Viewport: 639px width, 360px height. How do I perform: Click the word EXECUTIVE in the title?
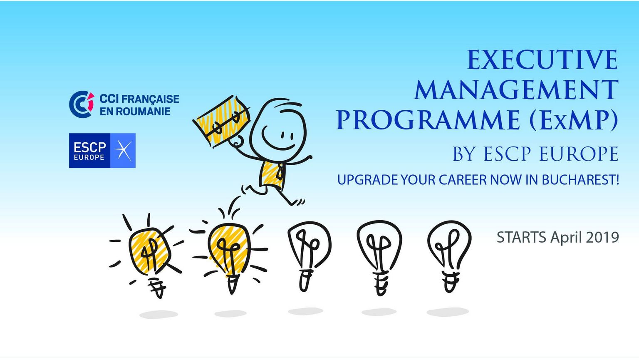[x=542, y=60]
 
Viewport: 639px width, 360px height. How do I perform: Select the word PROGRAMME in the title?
[x=428, y=120]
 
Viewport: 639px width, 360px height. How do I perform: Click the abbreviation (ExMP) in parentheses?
[x=574, y=120]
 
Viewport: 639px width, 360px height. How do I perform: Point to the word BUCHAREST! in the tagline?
[x=580, y=180]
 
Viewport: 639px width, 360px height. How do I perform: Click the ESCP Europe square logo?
[x=102, y=151]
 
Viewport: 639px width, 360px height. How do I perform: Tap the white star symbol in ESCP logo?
[x=123, y=151]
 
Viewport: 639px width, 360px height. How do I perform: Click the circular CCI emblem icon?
[x=82, y=104]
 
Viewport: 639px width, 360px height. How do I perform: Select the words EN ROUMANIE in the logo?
[x=135, y=112]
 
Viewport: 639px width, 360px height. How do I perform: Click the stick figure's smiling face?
[x=278, y=130]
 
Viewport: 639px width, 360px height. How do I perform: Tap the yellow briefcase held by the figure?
[x=222, y=121]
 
